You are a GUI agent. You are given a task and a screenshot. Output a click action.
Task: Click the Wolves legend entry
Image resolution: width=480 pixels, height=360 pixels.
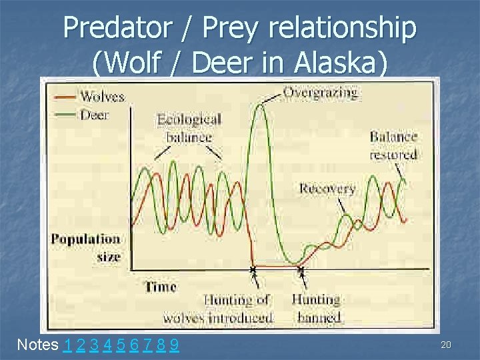(x=101, y=97)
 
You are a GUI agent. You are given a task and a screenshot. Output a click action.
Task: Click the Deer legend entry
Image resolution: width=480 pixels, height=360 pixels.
(x=95, y=114)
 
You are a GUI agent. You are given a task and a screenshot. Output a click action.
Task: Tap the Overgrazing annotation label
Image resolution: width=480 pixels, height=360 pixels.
(x=320, y=92)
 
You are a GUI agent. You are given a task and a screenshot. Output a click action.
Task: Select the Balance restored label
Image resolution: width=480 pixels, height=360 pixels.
(x=393, y=145)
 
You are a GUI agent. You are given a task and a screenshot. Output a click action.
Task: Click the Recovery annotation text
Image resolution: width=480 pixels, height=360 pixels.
(x=327, y=189)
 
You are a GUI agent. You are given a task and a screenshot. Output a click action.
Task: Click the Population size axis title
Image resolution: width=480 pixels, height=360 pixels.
(x=86, y=247)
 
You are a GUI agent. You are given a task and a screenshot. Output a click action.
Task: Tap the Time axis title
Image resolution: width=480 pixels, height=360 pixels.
(x=161, y=287)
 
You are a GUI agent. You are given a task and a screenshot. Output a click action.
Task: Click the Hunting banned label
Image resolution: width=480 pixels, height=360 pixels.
(x=316, y=309)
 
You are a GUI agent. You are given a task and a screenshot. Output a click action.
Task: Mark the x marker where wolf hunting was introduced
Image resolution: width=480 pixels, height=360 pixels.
(x=253, y=270)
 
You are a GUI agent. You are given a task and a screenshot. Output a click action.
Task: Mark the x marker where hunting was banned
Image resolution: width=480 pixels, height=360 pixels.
(x=301, y=270)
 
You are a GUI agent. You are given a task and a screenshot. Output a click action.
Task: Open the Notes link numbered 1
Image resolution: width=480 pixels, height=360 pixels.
(x=69, y=345)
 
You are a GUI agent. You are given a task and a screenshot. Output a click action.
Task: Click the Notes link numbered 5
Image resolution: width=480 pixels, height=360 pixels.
(x=120, y=345)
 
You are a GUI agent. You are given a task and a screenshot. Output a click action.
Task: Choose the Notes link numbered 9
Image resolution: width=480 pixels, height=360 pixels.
(x=173, y=345)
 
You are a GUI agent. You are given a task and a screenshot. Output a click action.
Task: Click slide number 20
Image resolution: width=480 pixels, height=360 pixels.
(x=446, y=343)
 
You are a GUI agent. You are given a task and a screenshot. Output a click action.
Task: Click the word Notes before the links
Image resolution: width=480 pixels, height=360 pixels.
(x=38, y=345)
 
